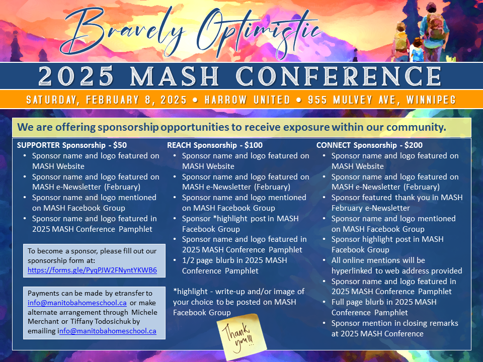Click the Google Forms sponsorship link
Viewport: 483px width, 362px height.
coord(92,270)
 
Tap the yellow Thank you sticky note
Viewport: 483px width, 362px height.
coord(242,336)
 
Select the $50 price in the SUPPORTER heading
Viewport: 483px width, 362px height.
coord(120,145)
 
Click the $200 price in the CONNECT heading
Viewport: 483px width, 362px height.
coord(414,145)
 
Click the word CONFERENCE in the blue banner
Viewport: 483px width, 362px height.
coord(339,76)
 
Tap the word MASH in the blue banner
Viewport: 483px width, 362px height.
coord(175,76)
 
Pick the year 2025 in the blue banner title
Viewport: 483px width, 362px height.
coord(76,76)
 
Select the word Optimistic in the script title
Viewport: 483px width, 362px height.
coord(259,34)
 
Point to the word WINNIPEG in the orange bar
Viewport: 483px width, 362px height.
coord(431,100)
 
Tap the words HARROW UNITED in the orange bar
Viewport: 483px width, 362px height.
coord(248,100)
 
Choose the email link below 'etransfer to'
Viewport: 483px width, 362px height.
coord(77,303)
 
